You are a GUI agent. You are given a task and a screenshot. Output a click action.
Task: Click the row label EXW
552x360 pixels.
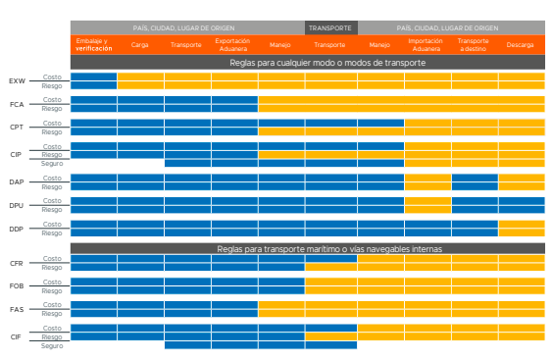(x=17, y=80)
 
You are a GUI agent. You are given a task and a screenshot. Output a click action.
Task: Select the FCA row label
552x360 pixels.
(x=17, y=104)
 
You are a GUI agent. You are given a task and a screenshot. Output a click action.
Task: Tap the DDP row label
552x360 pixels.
(x=17, y=229)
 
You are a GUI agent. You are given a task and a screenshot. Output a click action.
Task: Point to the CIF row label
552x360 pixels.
(x=17, y=336)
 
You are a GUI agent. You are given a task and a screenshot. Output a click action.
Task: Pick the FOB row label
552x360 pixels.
(x=17, y=286)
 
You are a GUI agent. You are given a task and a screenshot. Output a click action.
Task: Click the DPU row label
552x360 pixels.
(x=17, y=205)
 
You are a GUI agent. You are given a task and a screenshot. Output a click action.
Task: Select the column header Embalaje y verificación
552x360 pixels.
(x=93, y=44)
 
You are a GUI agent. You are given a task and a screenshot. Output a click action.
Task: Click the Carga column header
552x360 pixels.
(x=140, y=45)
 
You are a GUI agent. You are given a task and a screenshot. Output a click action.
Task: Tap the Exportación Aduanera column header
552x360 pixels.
(x=233, y=44)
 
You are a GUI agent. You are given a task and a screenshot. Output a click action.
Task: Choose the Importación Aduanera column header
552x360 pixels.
(x=426, y=44)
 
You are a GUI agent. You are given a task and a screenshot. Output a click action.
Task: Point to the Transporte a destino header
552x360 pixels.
(x=473, y=44)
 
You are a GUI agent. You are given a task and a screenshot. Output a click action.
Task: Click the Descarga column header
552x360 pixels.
(x=521, y=45)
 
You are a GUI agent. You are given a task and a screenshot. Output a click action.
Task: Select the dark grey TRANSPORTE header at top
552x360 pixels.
(x=329, y=27)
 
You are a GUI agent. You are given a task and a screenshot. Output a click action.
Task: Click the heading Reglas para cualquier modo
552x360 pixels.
(x=307, y=62)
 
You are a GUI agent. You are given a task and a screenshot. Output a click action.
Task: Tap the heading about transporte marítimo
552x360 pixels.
(x=307, y=249)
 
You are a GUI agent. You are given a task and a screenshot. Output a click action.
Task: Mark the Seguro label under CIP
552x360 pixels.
(x=52, y=163)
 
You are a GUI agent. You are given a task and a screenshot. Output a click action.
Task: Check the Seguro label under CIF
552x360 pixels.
(x=52, y=344)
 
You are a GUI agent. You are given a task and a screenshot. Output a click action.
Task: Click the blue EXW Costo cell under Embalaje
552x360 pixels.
(x=93, y=77)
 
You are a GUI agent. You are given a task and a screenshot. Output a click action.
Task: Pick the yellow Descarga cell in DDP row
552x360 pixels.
(x=521, y=229)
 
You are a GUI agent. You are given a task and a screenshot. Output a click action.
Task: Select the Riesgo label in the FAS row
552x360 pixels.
(x=52, y=313)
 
